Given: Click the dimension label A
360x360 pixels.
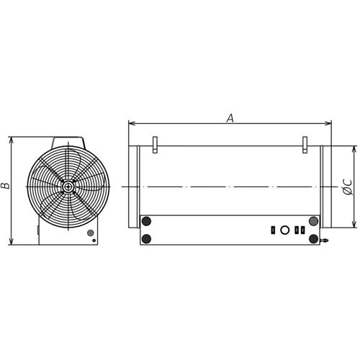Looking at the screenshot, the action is [x=230, y=118].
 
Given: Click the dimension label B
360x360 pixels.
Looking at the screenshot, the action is [x=5, y=186].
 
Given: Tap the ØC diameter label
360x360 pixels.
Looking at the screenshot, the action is [x=347, y=187].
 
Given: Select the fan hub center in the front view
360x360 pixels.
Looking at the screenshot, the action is [x=68, y=186].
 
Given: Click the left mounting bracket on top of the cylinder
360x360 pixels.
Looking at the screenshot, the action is [x=155, y=145].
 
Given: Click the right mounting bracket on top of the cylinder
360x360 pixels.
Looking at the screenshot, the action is [x=305, y=145].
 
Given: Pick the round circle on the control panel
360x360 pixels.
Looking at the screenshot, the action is [x=284, y=230].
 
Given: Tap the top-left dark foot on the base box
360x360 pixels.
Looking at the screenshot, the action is [x=146, y=221].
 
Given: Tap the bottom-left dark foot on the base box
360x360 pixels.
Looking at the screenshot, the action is [x=146, y=239].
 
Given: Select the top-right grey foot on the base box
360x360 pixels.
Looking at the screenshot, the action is [x=313, y=221].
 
